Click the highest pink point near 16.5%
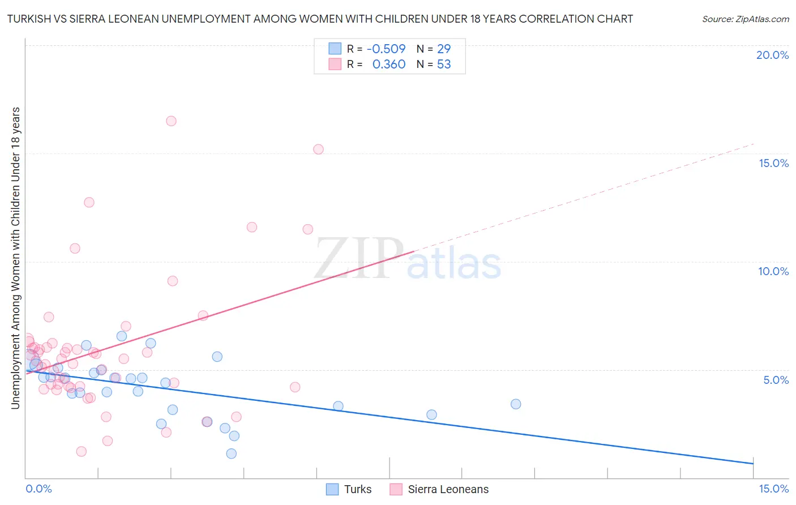[171, 121]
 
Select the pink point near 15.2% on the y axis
[318, 149]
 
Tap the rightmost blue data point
[516, 404]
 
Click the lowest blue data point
[231, 453]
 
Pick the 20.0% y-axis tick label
[772, 55]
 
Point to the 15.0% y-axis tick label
[773, 163]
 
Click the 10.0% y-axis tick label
[773, 271]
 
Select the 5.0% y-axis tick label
[776, 380]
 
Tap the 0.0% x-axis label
[38, 489]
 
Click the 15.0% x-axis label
[773, 489]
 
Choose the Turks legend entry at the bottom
[357, 489]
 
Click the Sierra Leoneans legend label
[448, 489]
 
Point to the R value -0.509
[386, 49]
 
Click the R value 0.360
[389, 65]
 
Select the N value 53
[444, 65]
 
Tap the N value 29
[444, 49]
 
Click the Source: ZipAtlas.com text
[745, 19]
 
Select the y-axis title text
[16, 258]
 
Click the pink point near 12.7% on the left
[89, 202]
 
